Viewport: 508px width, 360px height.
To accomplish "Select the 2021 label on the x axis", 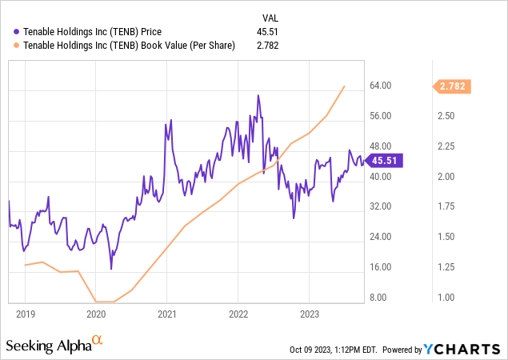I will pos(166,314).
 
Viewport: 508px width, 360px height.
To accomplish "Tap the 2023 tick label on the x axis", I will pos(309,314).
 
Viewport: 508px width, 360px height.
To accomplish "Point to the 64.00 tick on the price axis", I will pos(378,86).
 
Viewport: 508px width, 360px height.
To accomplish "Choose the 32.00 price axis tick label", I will pos(378,206).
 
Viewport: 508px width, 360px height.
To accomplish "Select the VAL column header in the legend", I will pos(272,18).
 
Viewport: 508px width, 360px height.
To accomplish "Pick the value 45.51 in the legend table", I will pos(267,32).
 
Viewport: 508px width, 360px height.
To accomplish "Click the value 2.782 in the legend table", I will pos(267,46).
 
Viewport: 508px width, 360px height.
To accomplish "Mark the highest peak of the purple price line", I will pos(258,95).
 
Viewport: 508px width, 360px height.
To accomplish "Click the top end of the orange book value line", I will pos(345,86).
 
